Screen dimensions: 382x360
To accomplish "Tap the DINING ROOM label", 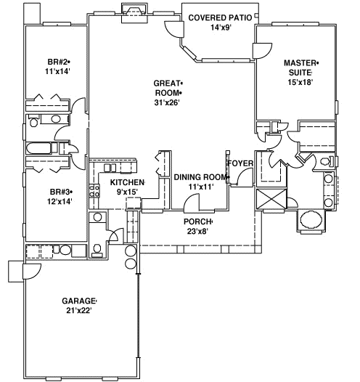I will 201,177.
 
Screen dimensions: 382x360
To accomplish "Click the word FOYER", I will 240,163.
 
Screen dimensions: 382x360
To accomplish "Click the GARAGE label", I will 78,301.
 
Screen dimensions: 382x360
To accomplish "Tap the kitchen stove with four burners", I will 94,190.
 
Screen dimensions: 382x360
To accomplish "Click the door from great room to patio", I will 174,29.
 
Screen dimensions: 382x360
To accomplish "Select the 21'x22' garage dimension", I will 78,311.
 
